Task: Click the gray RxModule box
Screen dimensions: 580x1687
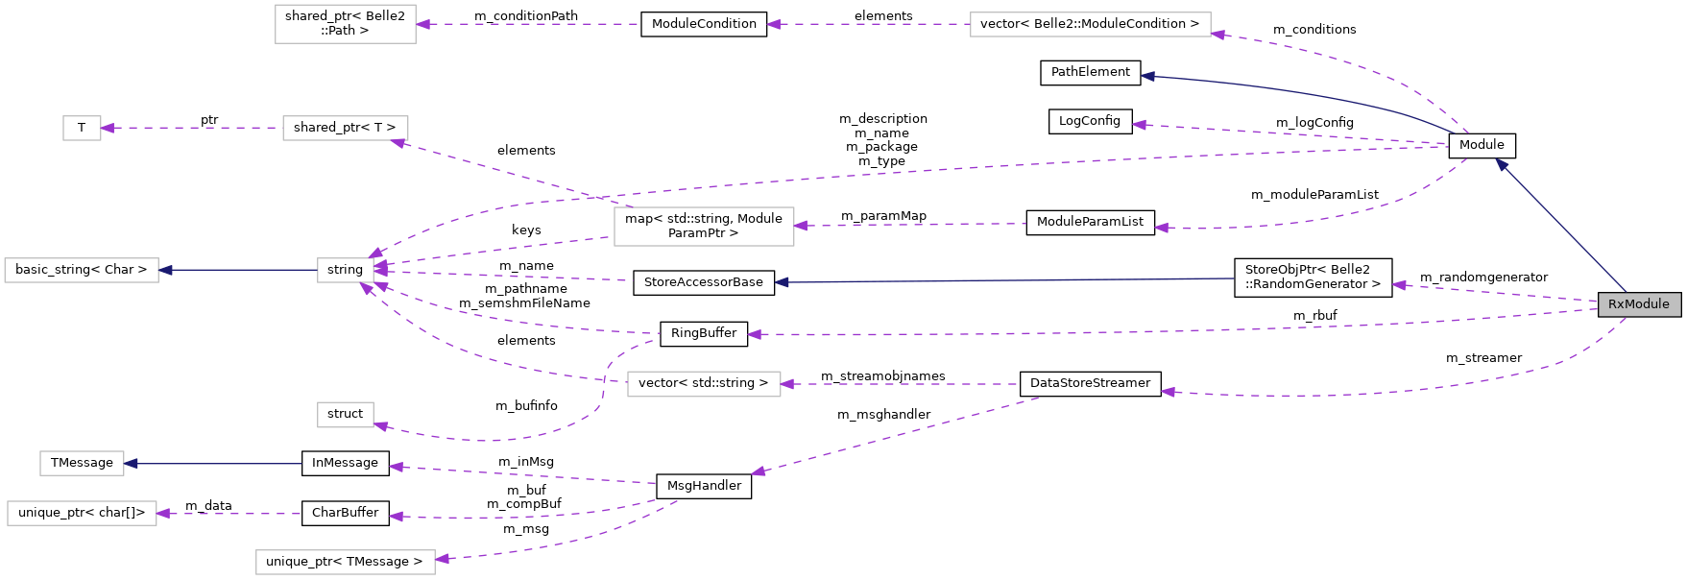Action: [1639, 304]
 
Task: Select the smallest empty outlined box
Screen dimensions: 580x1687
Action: [82, 128]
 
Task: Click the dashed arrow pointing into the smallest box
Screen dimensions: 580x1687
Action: [192, 128]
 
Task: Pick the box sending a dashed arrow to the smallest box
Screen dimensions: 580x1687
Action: [345, 128]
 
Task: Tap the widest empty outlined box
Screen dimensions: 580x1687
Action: [1090, 24]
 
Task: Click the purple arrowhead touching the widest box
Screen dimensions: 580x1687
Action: [1218, 35]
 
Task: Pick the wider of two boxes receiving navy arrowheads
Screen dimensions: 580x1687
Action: [82, 270]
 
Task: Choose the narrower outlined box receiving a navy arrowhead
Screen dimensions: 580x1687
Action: [82, 463]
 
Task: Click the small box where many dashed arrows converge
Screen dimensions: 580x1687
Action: [345, 270]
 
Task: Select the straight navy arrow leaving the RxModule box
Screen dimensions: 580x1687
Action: [1560, 226]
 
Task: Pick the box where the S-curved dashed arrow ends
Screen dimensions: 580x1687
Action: [345, 415]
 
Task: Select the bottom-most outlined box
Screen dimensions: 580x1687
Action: [345, 562]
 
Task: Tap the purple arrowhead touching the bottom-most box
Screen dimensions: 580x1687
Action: [443, 559]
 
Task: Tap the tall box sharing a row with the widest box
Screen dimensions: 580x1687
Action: [345, 24]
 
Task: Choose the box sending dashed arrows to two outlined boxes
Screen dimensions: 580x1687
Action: [704, 227]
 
